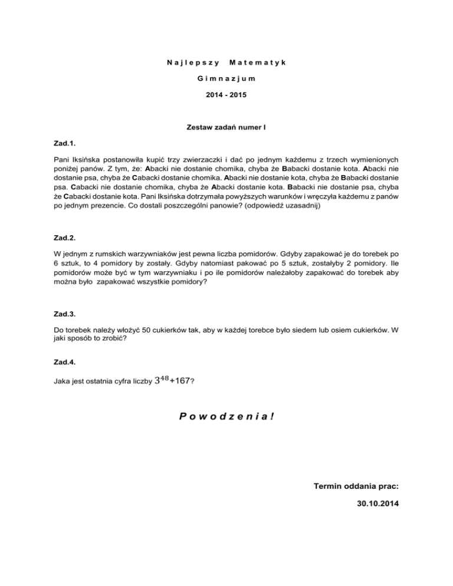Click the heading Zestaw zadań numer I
(x=226, y=126)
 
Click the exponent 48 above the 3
(x=163, y=377)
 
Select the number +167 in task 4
(x=180, y=381)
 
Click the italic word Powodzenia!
(x=226, y=416)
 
